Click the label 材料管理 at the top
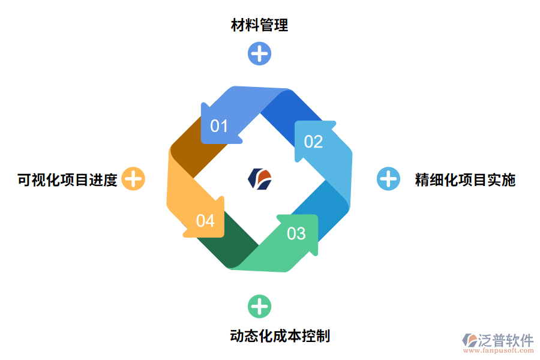tap(259, 25)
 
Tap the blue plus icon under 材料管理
tap(259, 53)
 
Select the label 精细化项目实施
tap(465, 179)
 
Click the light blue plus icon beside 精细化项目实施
tap(388, 179)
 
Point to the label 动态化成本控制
tap(280, 335)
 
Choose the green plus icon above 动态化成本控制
tap(259, 307)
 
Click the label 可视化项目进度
tap(67, 179)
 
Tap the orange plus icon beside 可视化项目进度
tap(133, 179)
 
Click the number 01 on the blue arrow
tap(219, 126)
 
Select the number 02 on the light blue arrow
tap(313, 142)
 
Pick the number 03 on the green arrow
tap(296, 233)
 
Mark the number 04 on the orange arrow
tap(205, 221)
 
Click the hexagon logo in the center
tap(260, 179)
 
